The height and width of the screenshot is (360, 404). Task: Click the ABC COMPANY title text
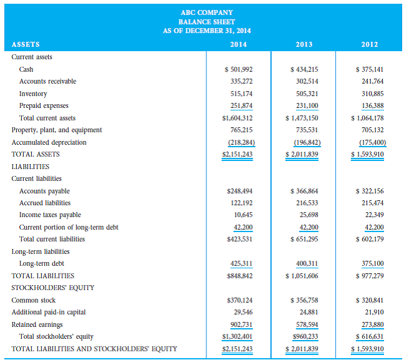click(207, 12)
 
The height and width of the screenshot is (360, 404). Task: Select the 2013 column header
click(304, 44)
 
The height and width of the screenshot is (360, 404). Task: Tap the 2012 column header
click(370, 44)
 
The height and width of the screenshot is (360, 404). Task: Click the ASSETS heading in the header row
click(26, 44)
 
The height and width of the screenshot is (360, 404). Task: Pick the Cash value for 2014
click(238, 69)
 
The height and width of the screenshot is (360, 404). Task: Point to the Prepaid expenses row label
click(44, 105)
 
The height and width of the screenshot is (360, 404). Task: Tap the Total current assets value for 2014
click(238, 118)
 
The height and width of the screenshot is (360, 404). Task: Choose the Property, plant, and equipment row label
click(57, 130)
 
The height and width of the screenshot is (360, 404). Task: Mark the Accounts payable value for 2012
click(369, 191)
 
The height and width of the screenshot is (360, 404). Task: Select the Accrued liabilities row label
click(45, 203)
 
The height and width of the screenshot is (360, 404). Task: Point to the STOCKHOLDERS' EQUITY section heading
click(53, 288)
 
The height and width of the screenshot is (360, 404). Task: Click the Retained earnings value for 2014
click(241, 324)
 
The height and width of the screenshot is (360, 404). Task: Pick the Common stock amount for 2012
click(369, 300)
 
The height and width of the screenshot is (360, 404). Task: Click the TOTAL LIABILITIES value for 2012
click(369, 276)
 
